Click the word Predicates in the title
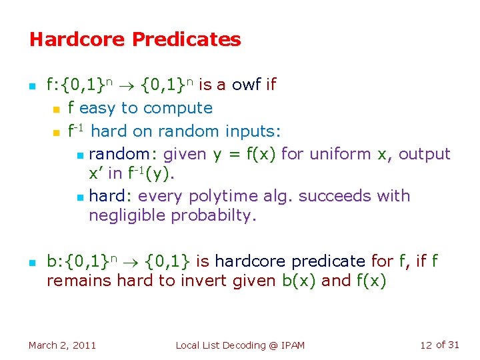187,39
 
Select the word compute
178,108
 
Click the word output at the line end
425,154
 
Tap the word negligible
127,216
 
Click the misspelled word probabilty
213,216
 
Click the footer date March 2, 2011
62,345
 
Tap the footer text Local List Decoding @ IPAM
240,345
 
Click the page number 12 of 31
439,345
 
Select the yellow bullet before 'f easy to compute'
57,109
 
